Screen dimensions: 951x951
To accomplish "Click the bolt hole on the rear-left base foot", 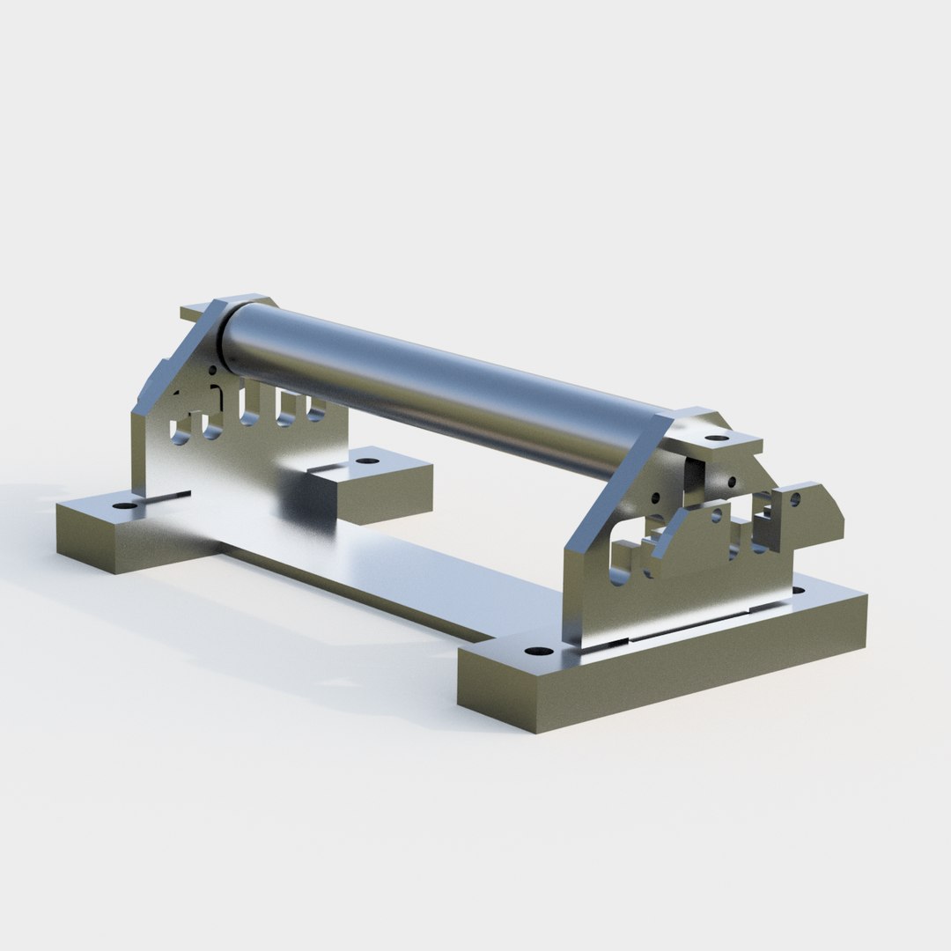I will (373, 459).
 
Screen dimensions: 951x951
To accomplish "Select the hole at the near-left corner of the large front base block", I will (534, 652).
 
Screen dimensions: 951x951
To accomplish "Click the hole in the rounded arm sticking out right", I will (795, 499).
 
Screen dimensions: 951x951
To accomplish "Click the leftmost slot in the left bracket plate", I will (181, 427).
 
